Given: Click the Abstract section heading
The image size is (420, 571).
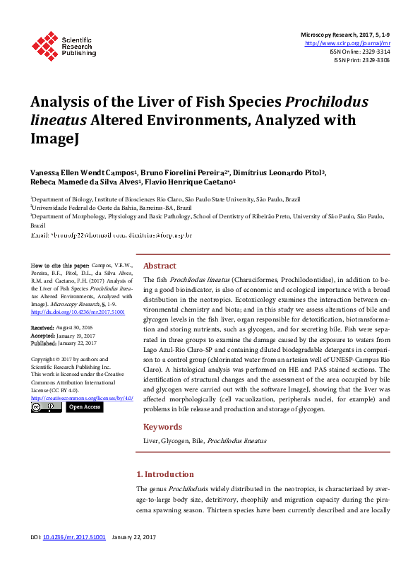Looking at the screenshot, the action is [160, 266].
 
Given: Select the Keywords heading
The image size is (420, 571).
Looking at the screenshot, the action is [164, 427].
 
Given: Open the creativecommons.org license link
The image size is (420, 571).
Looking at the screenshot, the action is [82, 399].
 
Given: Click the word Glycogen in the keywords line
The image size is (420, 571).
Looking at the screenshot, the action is [175, 441].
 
